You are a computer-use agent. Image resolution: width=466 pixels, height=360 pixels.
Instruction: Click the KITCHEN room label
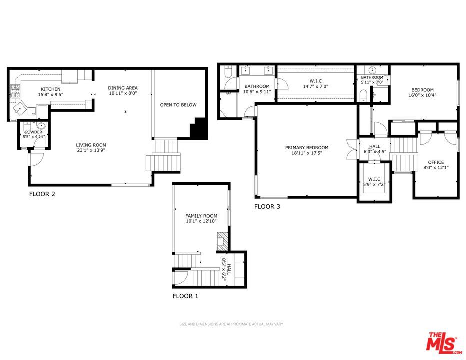pos(51,89)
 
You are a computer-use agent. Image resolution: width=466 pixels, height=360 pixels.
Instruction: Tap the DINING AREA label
pos(123,88)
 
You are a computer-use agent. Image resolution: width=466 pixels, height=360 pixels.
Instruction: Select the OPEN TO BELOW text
pos(178,105)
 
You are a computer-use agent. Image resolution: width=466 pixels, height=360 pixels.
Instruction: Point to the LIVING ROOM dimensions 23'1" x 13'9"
pos(91,150)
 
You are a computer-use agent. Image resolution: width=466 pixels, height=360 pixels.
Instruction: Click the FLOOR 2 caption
pos(42,194)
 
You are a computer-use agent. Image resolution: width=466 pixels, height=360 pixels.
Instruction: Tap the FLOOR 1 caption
pos(185,296)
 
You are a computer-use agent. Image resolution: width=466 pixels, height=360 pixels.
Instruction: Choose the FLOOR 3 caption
pos(267,206)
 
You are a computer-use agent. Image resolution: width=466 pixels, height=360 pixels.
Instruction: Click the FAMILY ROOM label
pos(201,216)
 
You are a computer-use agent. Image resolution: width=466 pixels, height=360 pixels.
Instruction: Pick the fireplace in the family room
pos(223,241)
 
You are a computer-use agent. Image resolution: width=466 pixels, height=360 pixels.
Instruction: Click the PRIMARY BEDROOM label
pos(307,147)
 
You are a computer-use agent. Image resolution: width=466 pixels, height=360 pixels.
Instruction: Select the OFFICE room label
pos(436,162)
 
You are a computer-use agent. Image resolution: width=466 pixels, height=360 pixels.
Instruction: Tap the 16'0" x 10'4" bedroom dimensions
pos(422,95)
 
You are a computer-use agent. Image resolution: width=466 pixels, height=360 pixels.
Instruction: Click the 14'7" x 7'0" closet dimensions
pos(315,86)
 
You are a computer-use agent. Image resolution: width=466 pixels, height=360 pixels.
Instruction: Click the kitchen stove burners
pos(16,91)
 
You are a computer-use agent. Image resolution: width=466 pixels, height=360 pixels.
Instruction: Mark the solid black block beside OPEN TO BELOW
pos(199,128)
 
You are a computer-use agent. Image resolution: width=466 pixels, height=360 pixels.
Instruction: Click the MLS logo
pos(444,343)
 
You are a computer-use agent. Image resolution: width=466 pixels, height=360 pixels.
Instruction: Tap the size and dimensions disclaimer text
pos(231,324)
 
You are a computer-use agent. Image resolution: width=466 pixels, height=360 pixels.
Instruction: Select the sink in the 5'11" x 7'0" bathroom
pos(372,70)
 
